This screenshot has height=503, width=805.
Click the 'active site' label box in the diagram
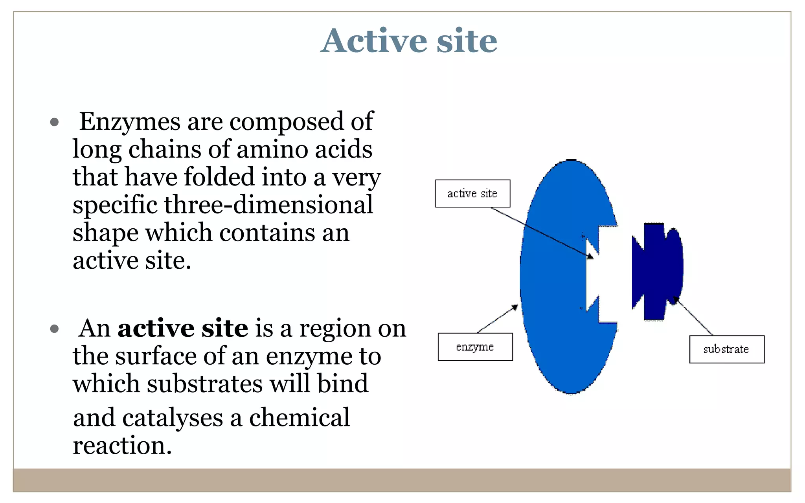coord(472,193)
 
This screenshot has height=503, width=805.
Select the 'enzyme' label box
coord(475,347)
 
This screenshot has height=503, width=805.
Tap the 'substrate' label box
coord(726,349)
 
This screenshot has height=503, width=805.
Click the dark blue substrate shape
coord(656,271)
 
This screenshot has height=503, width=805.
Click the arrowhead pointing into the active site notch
coord(590,256)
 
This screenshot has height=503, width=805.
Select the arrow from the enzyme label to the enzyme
coord(498,319)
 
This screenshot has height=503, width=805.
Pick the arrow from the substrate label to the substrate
coord(694,316)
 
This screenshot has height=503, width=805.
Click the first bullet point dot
coord(55,122)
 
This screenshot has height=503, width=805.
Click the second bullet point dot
coord(55,329)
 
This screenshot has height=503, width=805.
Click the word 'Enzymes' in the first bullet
coord(130,122)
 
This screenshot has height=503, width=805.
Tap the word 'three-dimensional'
coord(268,205)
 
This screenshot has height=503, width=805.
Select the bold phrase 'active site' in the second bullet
coord(183,329)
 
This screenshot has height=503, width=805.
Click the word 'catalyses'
coord(173,418)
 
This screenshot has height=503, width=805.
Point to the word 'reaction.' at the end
coord(122,446)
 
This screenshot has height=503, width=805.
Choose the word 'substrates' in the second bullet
coord(205,384)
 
